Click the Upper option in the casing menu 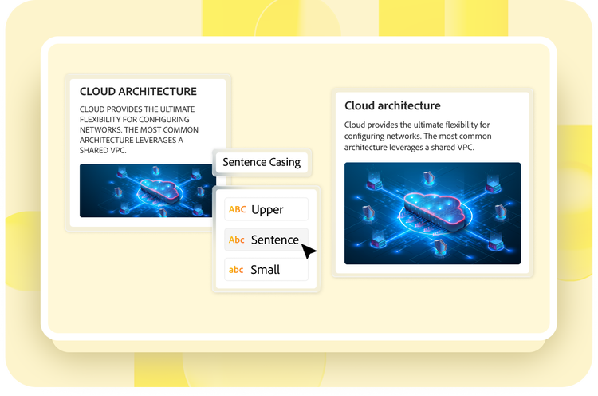coord(266,209)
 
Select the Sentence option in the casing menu coord(266,240)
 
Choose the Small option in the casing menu coord(266,270)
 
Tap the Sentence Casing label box coord(262,162)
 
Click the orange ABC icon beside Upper coord(238,209)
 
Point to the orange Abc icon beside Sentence coord(237,240)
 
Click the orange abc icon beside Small coord(236,270)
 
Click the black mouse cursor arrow coord(308,251)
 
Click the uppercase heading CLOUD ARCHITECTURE coord(138,92)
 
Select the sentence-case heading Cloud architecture coord(392,105)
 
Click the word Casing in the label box coord(285,163)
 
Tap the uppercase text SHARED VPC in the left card coord(103,150)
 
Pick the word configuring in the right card coord(364,137)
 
